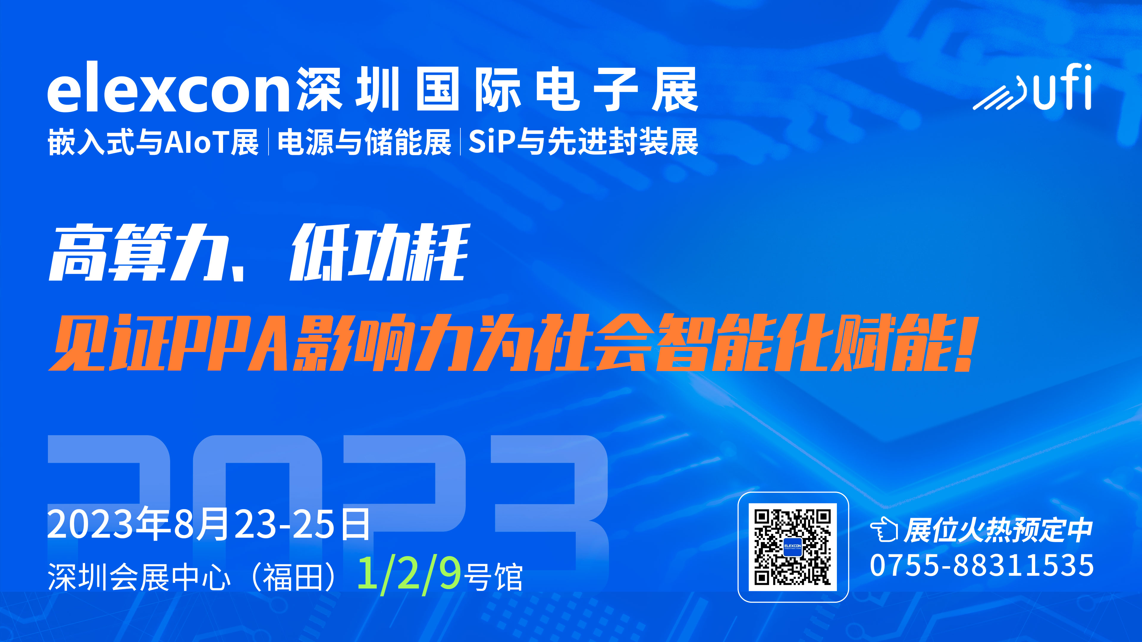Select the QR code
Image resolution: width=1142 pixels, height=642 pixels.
[793, 547]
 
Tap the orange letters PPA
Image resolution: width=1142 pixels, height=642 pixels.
[230, 342]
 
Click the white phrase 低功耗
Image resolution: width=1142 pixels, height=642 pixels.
[379, 253]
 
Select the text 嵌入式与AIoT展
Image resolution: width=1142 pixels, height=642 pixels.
[153, 142]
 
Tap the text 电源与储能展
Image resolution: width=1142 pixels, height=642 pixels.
[364, 142]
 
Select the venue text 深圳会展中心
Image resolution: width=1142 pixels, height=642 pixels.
[139, 577]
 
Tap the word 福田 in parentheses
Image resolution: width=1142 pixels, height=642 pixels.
[293, 577]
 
